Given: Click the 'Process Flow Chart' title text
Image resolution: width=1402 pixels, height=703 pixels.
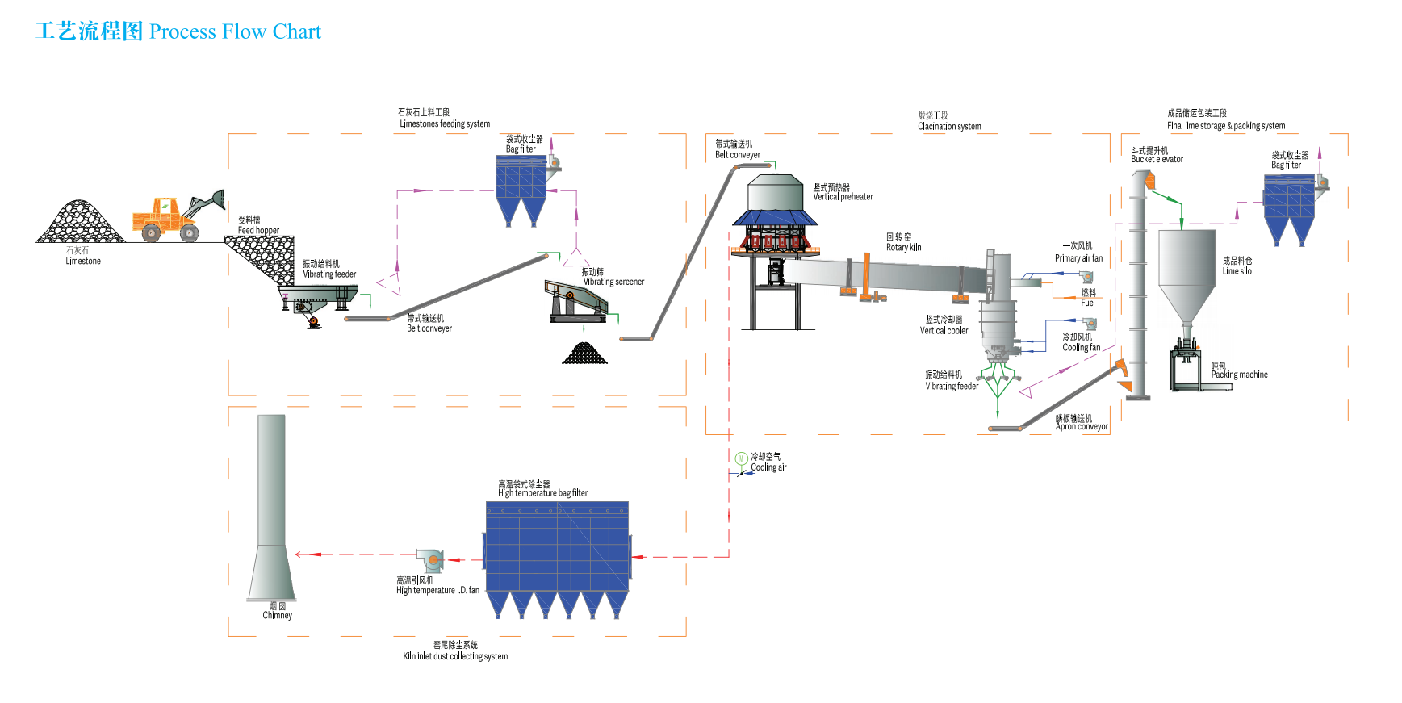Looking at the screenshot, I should (x=235, y=32).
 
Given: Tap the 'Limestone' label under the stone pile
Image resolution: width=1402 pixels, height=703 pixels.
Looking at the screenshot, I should (x=83, y=261).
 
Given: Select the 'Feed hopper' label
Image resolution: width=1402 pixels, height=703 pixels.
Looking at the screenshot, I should (x=258, y=230).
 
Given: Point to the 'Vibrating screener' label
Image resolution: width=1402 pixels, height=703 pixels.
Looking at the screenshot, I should (x=613, y=282).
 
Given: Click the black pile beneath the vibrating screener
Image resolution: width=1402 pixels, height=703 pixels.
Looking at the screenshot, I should (x=584, y=354).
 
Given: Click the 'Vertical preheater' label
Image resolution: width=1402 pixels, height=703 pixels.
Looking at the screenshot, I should (x=843, y=196).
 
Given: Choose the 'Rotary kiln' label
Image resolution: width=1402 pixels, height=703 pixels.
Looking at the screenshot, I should (x=903, y=247).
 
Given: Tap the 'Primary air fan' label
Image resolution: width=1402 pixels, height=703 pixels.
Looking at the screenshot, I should (x=1078, y=258).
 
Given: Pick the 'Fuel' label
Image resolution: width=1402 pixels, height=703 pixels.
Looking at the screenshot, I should (x=1088, y=303).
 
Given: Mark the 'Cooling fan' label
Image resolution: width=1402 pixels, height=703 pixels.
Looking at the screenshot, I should (x=1081, y=347).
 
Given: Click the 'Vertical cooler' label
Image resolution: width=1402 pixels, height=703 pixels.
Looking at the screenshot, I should (x=944, y=330).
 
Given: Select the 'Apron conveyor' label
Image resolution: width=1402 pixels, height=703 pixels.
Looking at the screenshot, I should (x=1082, y=426).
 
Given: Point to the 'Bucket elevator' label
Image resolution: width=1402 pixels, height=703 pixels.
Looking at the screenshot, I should (x=1157, y=159).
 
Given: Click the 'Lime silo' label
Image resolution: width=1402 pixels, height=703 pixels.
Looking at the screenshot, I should (x=1237, y=271).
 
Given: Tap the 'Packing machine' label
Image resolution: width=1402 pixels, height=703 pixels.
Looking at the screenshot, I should (x=1239, y=375).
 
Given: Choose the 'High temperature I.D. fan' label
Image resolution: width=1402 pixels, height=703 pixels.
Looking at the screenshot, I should (x=437, y=590).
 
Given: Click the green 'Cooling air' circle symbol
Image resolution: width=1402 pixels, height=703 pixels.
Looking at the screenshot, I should (x=741, y=458).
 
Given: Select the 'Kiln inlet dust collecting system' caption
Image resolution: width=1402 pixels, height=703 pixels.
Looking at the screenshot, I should (x=455, y=656).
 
